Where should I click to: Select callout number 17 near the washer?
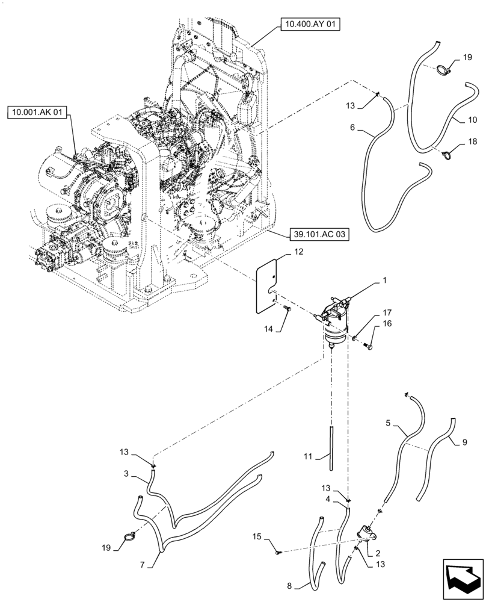click(x=385, y=313)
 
